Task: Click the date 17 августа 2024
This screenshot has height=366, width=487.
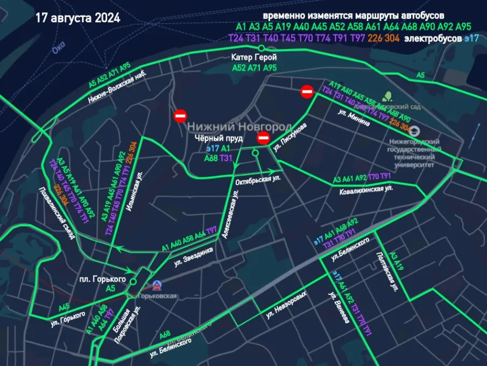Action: tap(78, 18)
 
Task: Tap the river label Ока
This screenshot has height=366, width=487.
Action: tap(58, 49)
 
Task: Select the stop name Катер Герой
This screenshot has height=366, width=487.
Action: tap(253, 58)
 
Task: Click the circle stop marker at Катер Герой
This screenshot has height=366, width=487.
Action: tap(262, 48)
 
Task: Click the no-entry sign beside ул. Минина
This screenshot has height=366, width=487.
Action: tap(307, 92)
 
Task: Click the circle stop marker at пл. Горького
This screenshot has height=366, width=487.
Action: tap(133, 279)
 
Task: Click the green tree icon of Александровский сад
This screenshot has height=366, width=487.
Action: tap(387, 97)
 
